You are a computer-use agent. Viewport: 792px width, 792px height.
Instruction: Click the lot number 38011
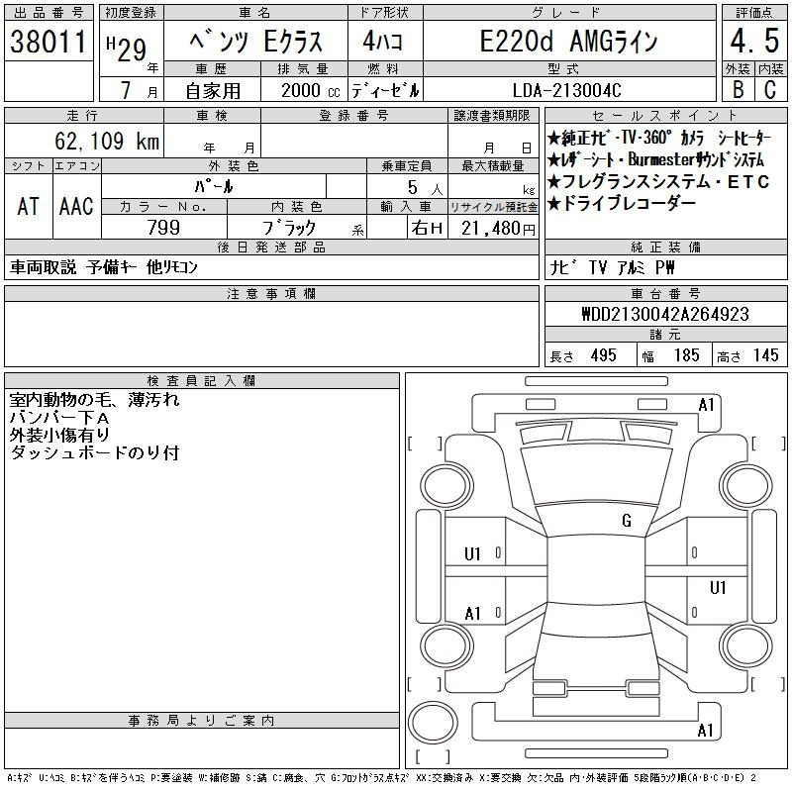(48, 42)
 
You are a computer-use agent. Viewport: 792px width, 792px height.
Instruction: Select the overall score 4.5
(754, 41)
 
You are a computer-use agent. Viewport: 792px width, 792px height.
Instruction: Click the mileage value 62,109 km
(107, 141)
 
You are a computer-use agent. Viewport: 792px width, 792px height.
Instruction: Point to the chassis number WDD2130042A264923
(665, 314)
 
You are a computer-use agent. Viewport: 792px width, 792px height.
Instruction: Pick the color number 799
(163, 228)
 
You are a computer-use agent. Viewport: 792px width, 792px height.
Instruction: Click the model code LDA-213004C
(566, 90)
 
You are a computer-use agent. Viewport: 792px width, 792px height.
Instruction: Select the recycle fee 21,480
(491, 229)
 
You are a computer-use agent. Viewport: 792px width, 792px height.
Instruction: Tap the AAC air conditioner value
(76, 206)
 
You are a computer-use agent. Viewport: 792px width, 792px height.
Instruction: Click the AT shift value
(28, 206)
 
